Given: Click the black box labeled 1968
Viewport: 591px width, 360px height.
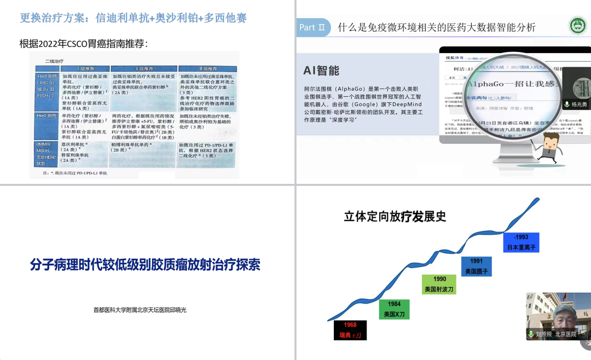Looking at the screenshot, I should click(x=350, y=329).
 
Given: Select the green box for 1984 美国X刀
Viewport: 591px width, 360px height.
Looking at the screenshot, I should click(x=394, y=309).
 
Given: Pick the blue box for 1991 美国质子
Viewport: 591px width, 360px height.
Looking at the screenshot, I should click(x=476, y=266).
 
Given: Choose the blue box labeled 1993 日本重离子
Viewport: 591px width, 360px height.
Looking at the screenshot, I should click(x=520, y=241).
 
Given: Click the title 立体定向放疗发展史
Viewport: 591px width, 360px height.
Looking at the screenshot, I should click(x=395, y=216).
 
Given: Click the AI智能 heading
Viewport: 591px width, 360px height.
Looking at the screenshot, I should click(x=321, y=71).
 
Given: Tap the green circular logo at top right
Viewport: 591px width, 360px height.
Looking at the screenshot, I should click(x=577, y=26).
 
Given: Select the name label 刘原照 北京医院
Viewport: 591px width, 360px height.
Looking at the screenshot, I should click(x=555, y=334).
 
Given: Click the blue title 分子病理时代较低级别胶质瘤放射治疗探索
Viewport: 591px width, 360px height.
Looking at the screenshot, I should click(x=145, y=265).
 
